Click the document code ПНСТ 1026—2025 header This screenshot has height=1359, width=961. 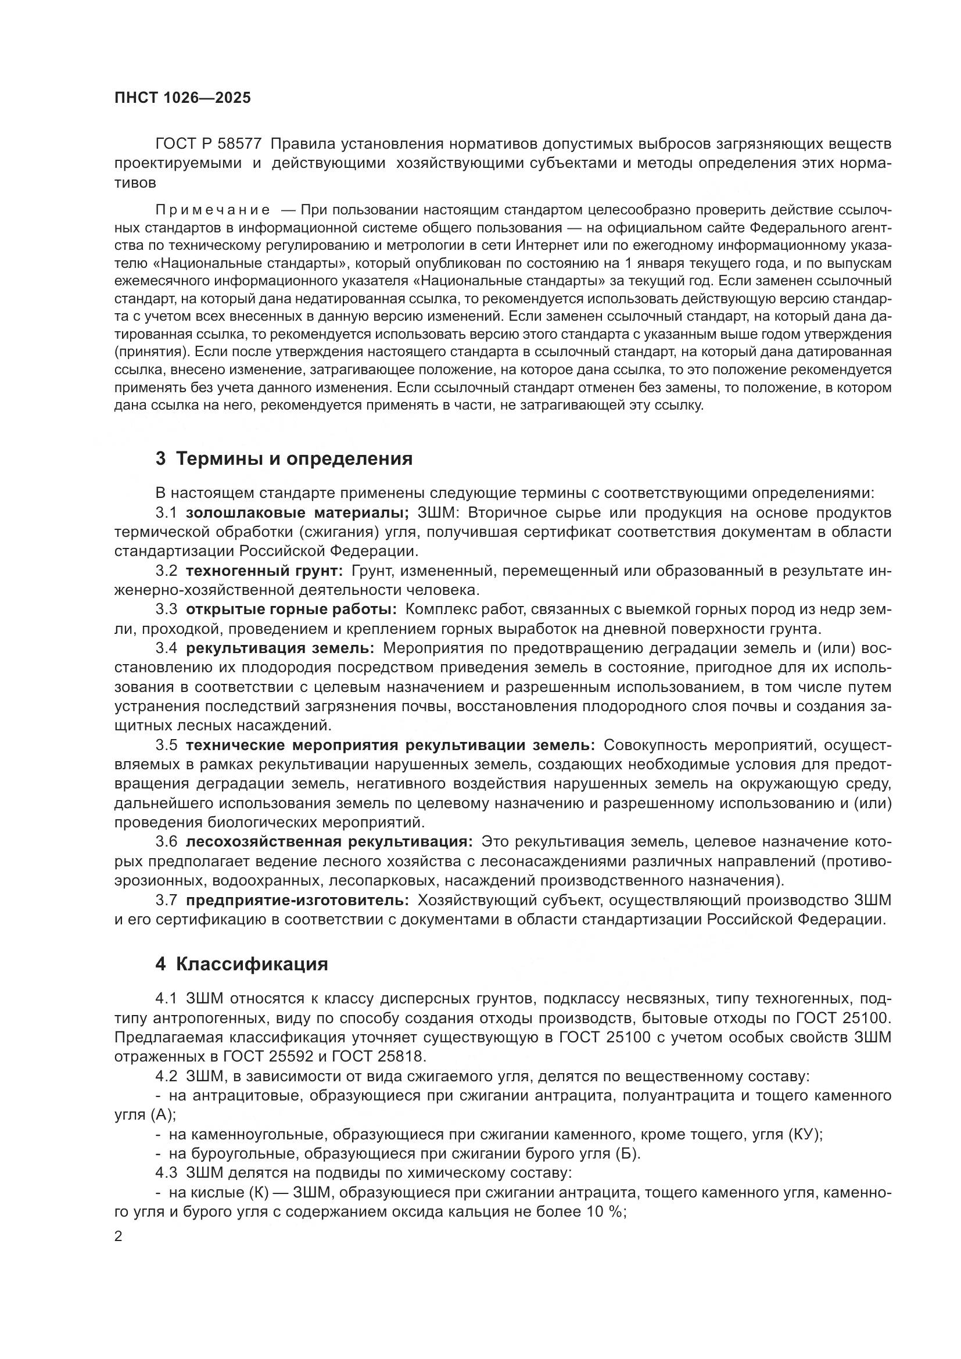click(182, 98)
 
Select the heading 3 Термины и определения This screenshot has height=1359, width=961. click(284, 459)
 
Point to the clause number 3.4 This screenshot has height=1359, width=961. click(166, 648)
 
